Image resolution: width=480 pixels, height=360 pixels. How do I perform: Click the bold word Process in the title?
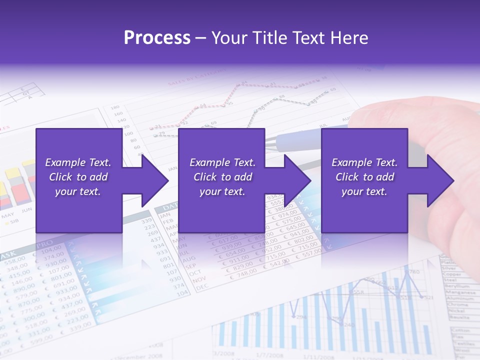pos(157,38)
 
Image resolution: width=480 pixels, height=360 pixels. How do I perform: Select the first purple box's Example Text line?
pos(78,162)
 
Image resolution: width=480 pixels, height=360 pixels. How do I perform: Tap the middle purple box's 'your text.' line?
pos(222,191)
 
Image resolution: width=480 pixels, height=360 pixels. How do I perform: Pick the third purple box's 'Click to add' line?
pos(365,177)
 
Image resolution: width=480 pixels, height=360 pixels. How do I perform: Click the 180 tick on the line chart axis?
pos(114,107)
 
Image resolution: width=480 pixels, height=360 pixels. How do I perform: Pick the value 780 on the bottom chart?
pos(414,272)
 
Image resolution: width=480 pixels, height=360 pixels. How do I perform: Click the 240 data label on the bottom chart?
pos(348,325)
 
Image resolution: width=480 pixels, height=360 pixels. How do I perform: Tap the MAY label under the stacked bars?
pos(7,216)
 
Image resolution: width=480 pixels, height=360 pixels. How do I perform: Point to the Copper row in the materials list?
pos(451,274)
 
